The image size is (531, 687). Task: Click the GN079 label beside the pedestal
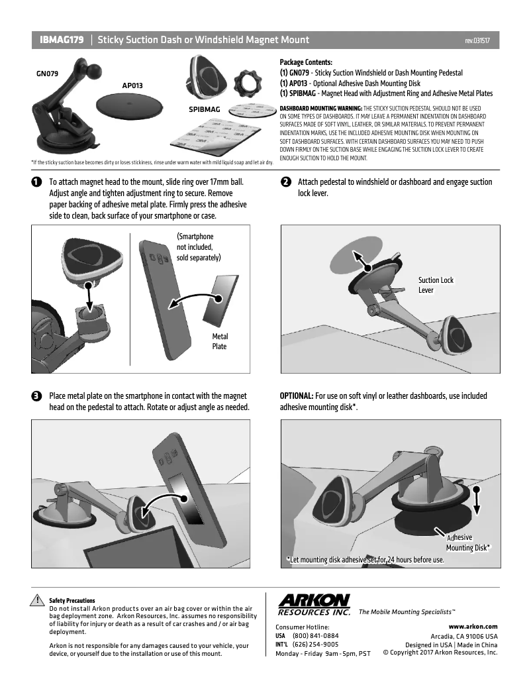tap(47, 74)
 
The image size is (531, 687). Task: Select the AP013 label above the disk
tap(132, 85)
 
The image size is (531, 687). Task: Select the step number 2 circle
tap(285, 182)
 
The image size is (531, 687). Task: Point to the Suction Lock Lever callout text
tap(436, 285)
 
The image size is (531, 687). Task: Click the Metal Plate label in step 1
tap(219, 341)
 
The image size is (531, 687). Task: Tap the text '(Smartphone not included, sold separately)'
tap(198, 246)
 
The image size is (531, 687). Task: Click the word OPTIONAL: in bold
tap(296, 396)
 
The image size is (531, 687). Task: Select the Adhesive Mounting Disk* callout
tap(467, 543)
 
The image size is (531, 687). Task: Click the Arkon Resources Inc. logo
tap(314, 604)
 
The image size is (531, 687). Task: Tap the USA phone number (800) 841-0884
tap(315, 635)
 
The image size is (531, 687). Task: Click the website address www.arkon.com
tap(473, 626)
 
